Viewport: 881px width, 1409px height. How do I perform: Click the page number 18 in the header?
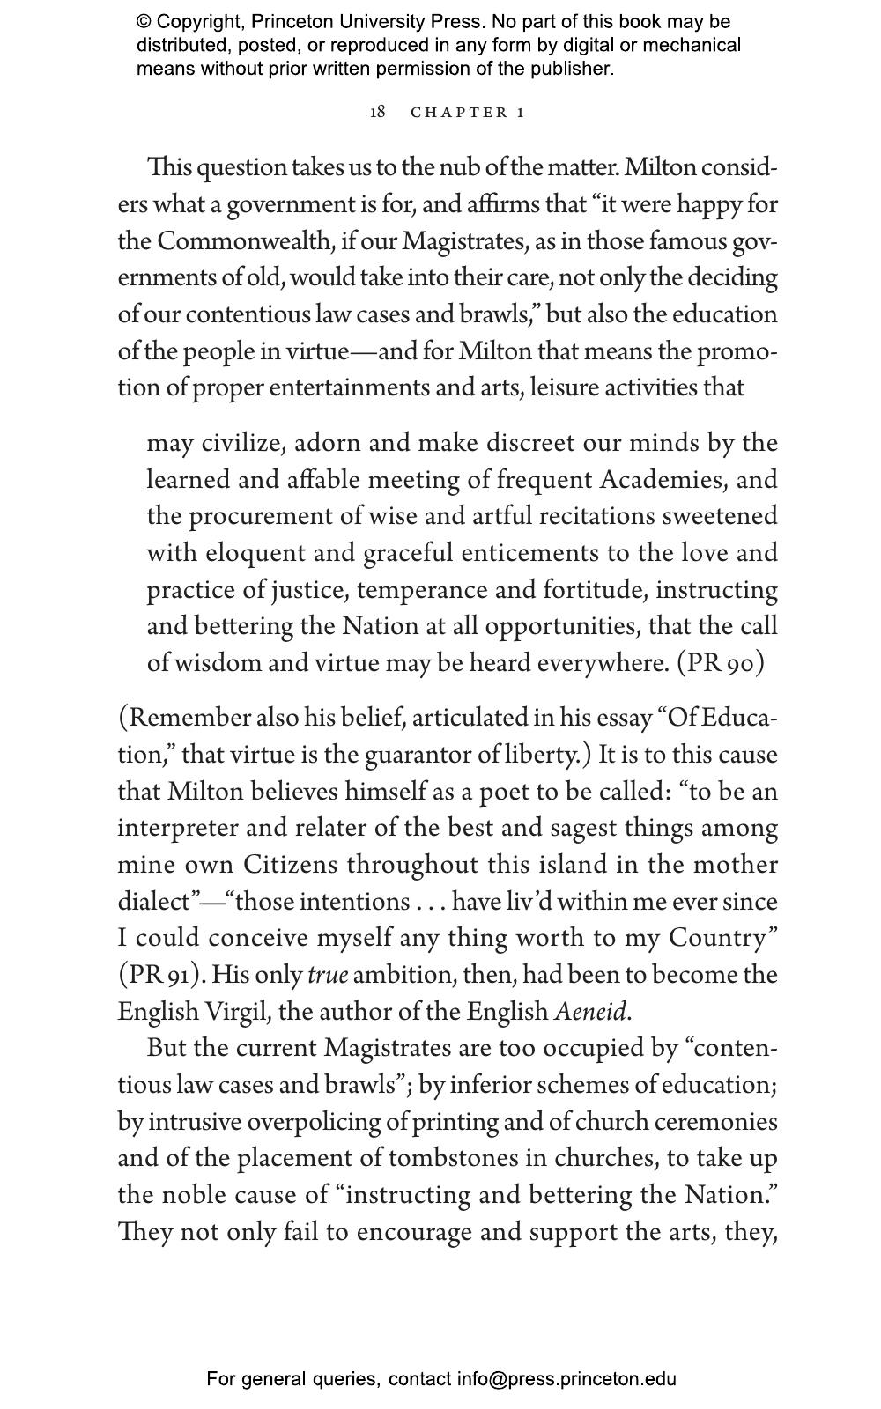click(377, 112)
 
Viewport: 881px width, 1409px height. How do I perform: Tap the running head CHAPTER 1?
click(468, 113)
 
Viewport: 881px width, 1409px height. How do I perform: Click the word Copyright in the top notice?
click(196, 22)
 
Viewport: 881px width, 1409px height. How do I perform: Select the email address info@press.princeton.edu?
click(566, 1379)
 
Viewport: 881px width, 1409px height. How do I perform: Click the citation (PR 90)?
click(720, 662)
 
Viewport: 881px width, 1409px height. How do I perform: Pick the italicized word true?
click(328, 975)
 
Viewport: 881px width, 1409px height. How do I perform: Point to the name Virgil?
click(237, 1012)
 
